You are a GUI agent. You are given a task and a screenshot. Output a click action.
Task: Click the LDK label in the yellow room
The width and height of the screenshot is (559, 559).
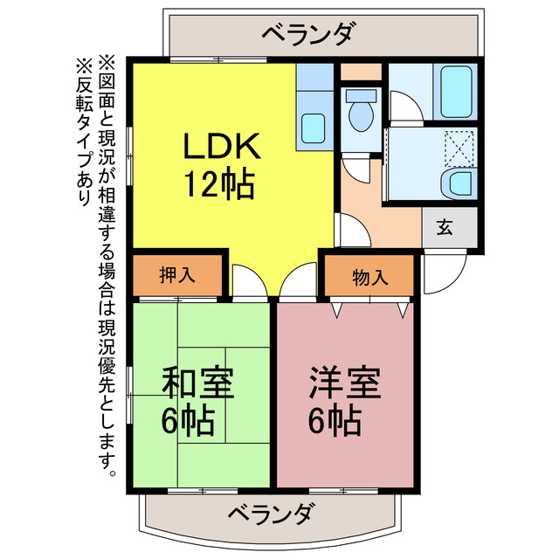point(221,145)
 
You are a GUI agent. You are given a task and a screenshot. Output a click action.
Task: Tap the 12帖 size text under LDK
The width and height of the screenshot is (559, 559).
point(219,184)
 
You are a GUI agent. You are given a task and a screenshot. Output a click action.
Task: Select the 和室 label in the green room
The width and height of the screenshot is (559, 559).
point(198,383)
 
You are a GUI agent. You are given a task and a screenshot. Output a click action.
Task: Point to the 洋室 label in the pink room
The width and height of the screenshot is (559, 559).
point(345,382)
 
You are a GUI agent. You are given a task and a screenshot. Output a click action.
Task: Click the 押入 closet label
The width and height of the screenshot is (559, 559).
point(177,275)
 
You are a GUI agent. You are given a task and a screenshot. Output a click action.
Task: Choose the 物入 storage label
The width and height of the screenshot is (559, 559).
point(370,277)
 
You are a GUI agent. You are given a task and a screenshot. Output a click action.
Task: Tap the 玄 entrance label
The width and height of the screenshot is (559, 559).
point(445,227)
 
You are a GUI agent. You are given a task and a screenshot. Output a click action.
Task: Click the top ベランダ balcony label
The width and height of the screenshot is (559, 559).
point(308,33)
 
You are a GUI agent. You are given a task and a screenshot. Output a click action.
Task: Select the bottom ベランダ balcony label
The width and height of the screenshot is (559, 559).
point(272,513)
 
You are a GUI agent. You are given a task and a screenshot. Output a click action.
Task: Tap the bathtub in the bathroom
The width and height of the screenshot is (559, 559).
point(456,92)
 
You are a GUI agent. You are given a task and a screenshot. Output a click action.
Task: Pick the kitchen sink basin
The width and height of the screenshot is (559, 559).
point(313,128)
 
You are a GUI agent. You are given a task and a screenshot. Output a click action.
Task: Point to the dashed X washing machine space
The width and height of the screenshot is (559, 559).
point(459,149)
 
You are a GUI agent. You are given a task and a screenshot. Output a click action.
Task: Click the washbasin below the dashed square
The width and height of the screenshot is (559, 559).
point(459,184)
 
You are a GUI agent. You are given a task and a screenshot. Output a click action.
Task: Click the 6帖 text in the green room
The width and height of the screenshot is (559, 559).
point(187,421)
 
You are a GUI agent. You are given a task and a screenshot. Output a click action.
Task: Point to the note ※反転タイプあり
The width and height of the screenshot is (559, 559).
point(84,131)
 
